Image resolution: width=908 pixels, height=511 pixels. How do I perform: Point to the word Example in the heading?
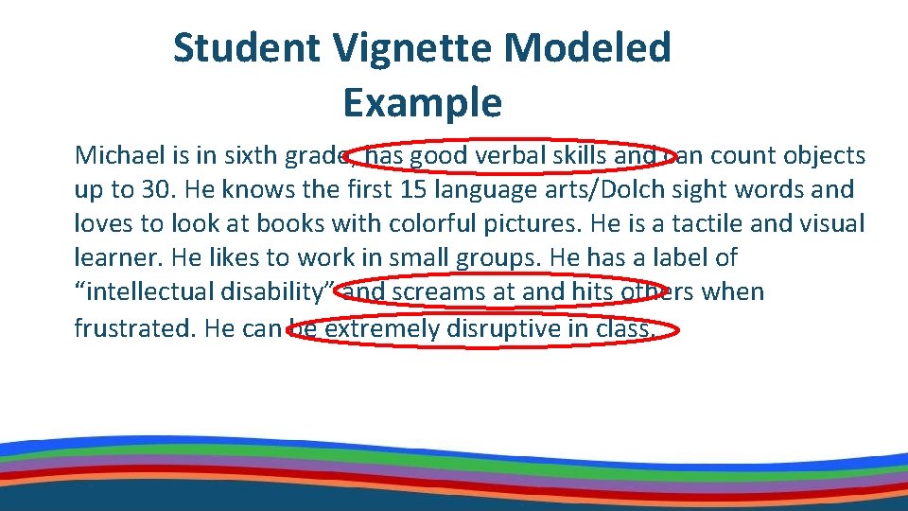(422, 102)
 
